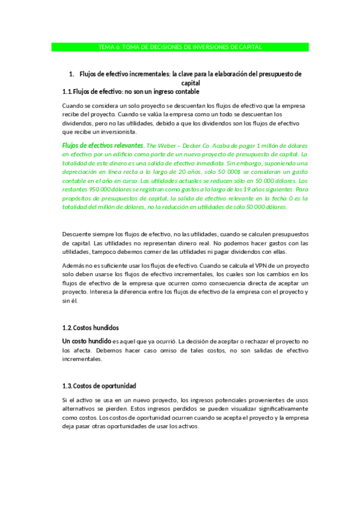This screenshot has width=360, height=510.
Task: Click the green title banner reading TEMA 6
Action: click(x=180, y=47)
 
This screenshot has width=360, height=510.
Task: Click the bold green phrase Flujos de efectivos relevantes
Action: click(x=102, y=146)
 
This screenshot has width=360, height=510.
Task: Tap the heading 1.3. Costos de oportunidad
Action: click(x=99, y=386)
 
